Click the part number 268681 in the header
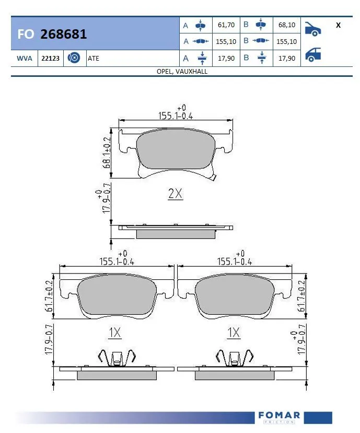pos(64,35)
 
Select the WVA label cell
pos(24,59)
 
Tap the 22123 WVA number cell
pos(50,59)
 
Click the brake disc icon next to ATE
pos(74,59)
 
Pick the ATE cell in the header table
pos(94,59)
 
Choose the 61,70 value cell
pos(226,25)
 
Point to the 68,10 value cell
pos(287,25)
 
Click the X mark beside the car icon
pos(338,25)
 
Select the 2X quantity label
pos(175,194)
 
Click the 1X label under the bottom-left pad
pos(115,332)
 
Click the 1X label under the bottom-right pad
pos(234,332)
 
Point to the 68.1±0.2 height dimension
pos(107,153)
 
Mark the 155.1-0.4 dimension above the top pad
pos(176,116)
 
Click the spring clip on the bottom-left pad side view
pos(117,358)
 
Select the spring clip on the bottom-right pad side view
pos(235,358)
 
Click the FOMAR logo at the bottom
pos(279,417)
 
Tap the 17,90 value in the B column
pos(287,59)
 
